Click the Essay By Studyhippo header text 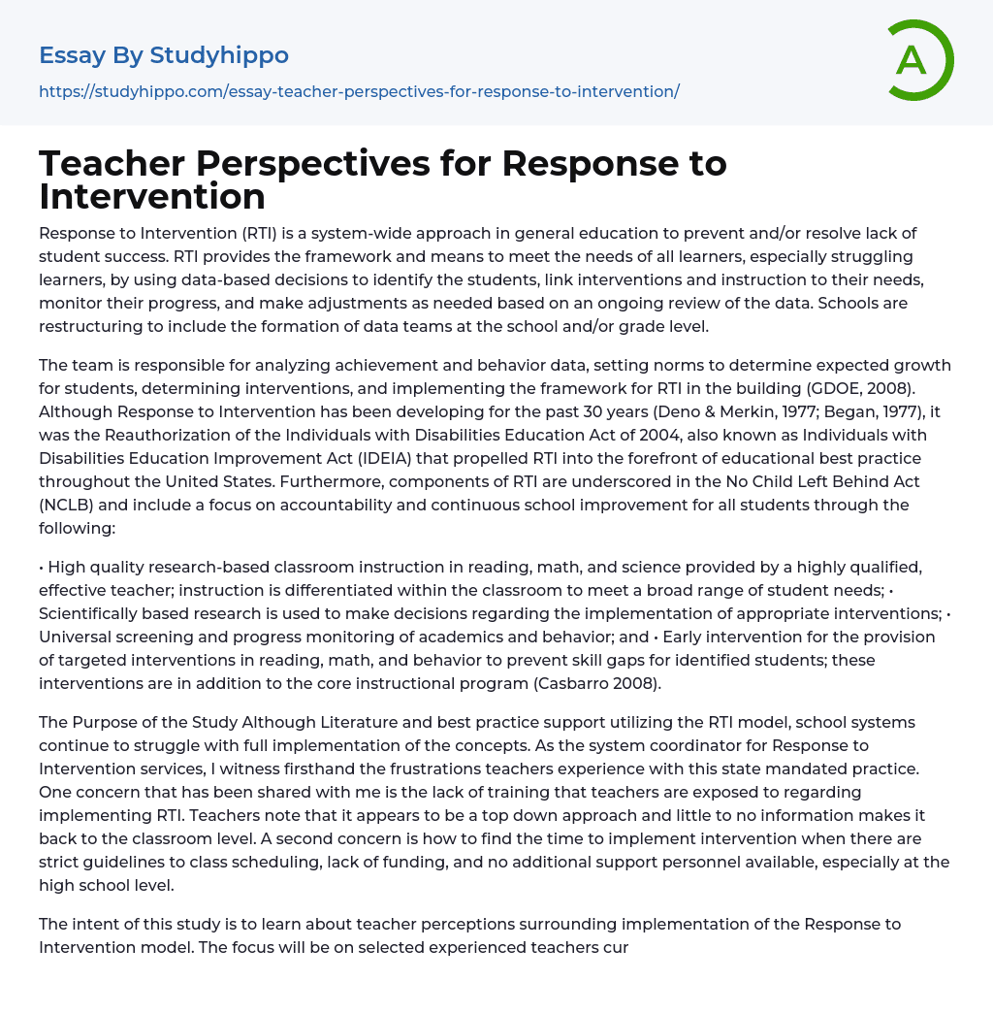(x=164, y=55)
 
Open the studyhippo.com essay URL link (x=359, y=91)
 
